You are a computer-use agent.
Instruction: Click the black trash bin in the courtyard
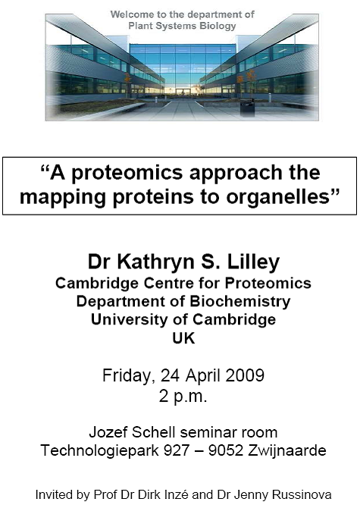247,108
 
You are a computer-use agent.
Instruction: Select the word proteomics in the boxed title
127,174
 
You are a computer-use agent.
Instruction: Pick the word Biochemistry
240,301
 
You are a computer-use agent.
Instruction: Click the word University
130,319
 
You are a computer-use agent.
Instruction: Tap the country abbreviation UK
183,338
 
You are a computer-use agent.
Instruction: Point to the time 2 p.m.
183,396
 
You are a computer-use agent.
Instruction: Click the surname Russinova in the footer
302,494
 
